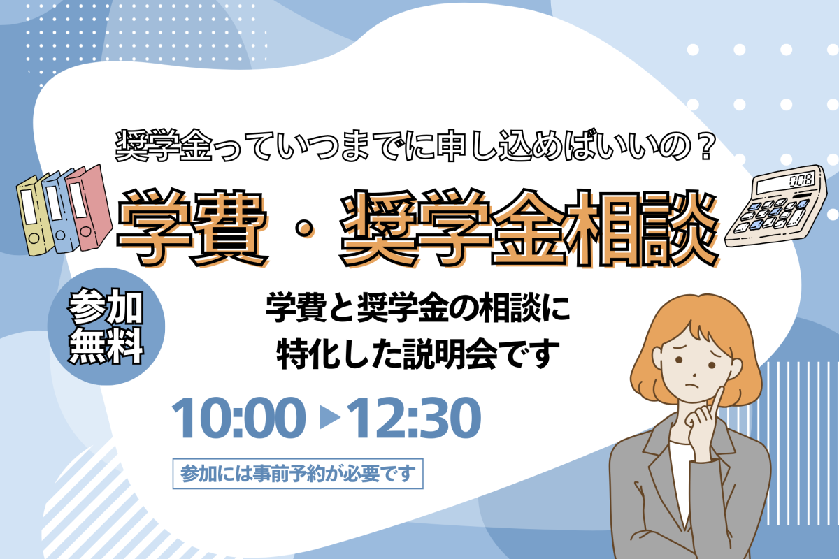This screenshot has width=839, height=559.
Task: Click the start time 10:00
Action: (x=238, y=418)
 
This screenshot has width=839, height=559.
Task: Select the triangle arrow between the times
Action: (x=329, y=418)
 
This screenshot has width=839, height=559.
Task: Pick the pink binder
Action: (x=89, y=208)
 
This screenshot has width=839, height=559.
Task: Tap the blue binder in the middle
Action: (x=61, y=212)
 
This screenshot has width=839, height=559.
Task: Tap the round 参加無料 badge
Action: (x=106, y=326)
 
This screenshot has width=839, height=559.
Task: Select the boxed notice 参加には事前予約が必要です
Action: (x=298, y=474)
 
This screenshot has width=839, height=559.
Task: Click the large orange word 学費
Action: (x=193, y=228)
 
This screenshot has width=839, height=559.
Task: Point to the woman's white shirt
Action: (x=680, y=482)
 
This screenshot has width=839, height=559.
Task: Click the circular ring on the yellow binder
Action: (x=34, y=238)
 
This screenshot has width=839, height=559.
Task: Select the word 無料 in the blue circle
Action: (x=106, y=347)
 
